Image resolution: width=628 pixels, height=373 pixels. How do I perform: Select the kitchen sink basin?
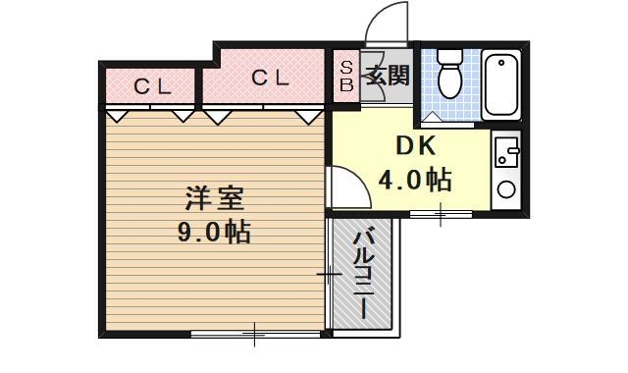507,152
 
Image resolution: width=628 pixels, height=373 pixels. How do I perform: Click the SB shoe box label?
346,76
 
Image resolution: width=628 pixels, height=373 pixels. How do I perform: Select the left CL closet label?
152,85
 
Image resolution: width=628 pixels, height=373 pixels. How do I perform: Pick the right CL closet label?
269,78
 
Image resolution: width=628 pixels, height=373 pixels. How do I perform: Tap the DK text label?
415,146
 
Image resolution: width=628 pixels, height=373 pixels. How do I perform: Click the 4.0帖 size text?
415,180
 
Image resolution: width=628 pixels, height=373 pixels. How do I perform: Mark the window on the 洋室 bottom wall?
254,336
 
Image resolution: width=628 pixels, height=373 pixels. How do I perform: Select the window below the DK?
441,213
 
